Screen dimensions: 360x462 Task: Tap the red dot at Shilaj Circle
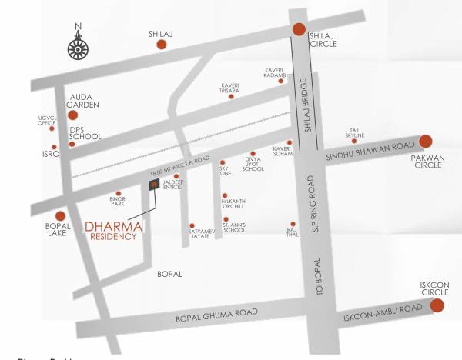click(299, 29)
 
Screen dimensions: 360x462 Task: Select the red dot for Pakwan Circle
click(425, 142)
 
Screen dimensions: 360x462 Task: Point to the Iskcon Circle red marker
click(437, 305)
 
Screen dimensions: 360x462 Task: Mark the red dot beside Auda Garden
click(72, 115)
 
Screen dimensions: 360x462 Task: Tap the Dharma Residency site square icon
click(154, 184)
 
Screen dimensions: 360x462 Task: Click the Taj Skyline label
click(354, 133)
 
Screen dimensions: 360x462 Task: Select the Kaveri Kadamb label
click(276, 71)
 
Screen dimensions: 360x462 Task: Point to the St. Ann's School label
click(234, 228)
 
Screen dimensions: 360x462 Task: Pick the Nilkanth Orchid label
click(233, 203)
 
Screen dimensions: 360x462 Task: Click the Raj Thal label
click(291, 232)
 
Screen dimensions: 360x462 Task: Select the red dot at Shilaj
click(162, 45)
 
